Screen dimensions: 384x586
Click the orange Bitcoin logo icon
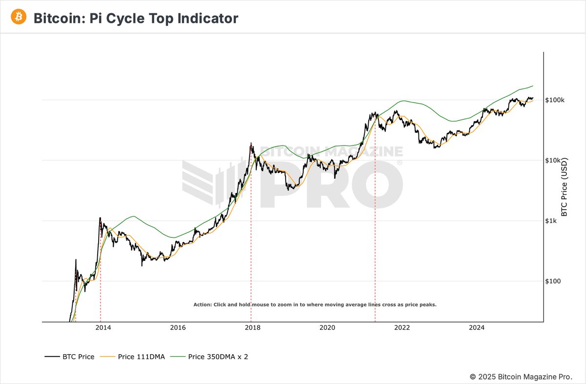point(19,18)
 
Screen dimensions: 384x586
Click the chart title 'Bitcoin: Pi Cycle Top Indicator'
point(136,19)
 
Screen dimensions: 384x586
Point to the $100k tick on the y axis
point(555,100)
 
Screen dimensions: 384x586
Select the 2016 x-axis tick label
point(178,328)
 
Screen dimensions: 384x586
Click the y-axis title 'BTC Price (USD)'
point(564,187)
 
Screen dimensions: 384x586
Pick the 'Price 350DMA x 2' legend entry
point(218,357)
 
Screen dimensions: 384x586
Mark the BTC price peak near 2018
point(251,143)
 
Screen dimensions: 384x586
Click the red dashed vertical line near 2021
point(375,220)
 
